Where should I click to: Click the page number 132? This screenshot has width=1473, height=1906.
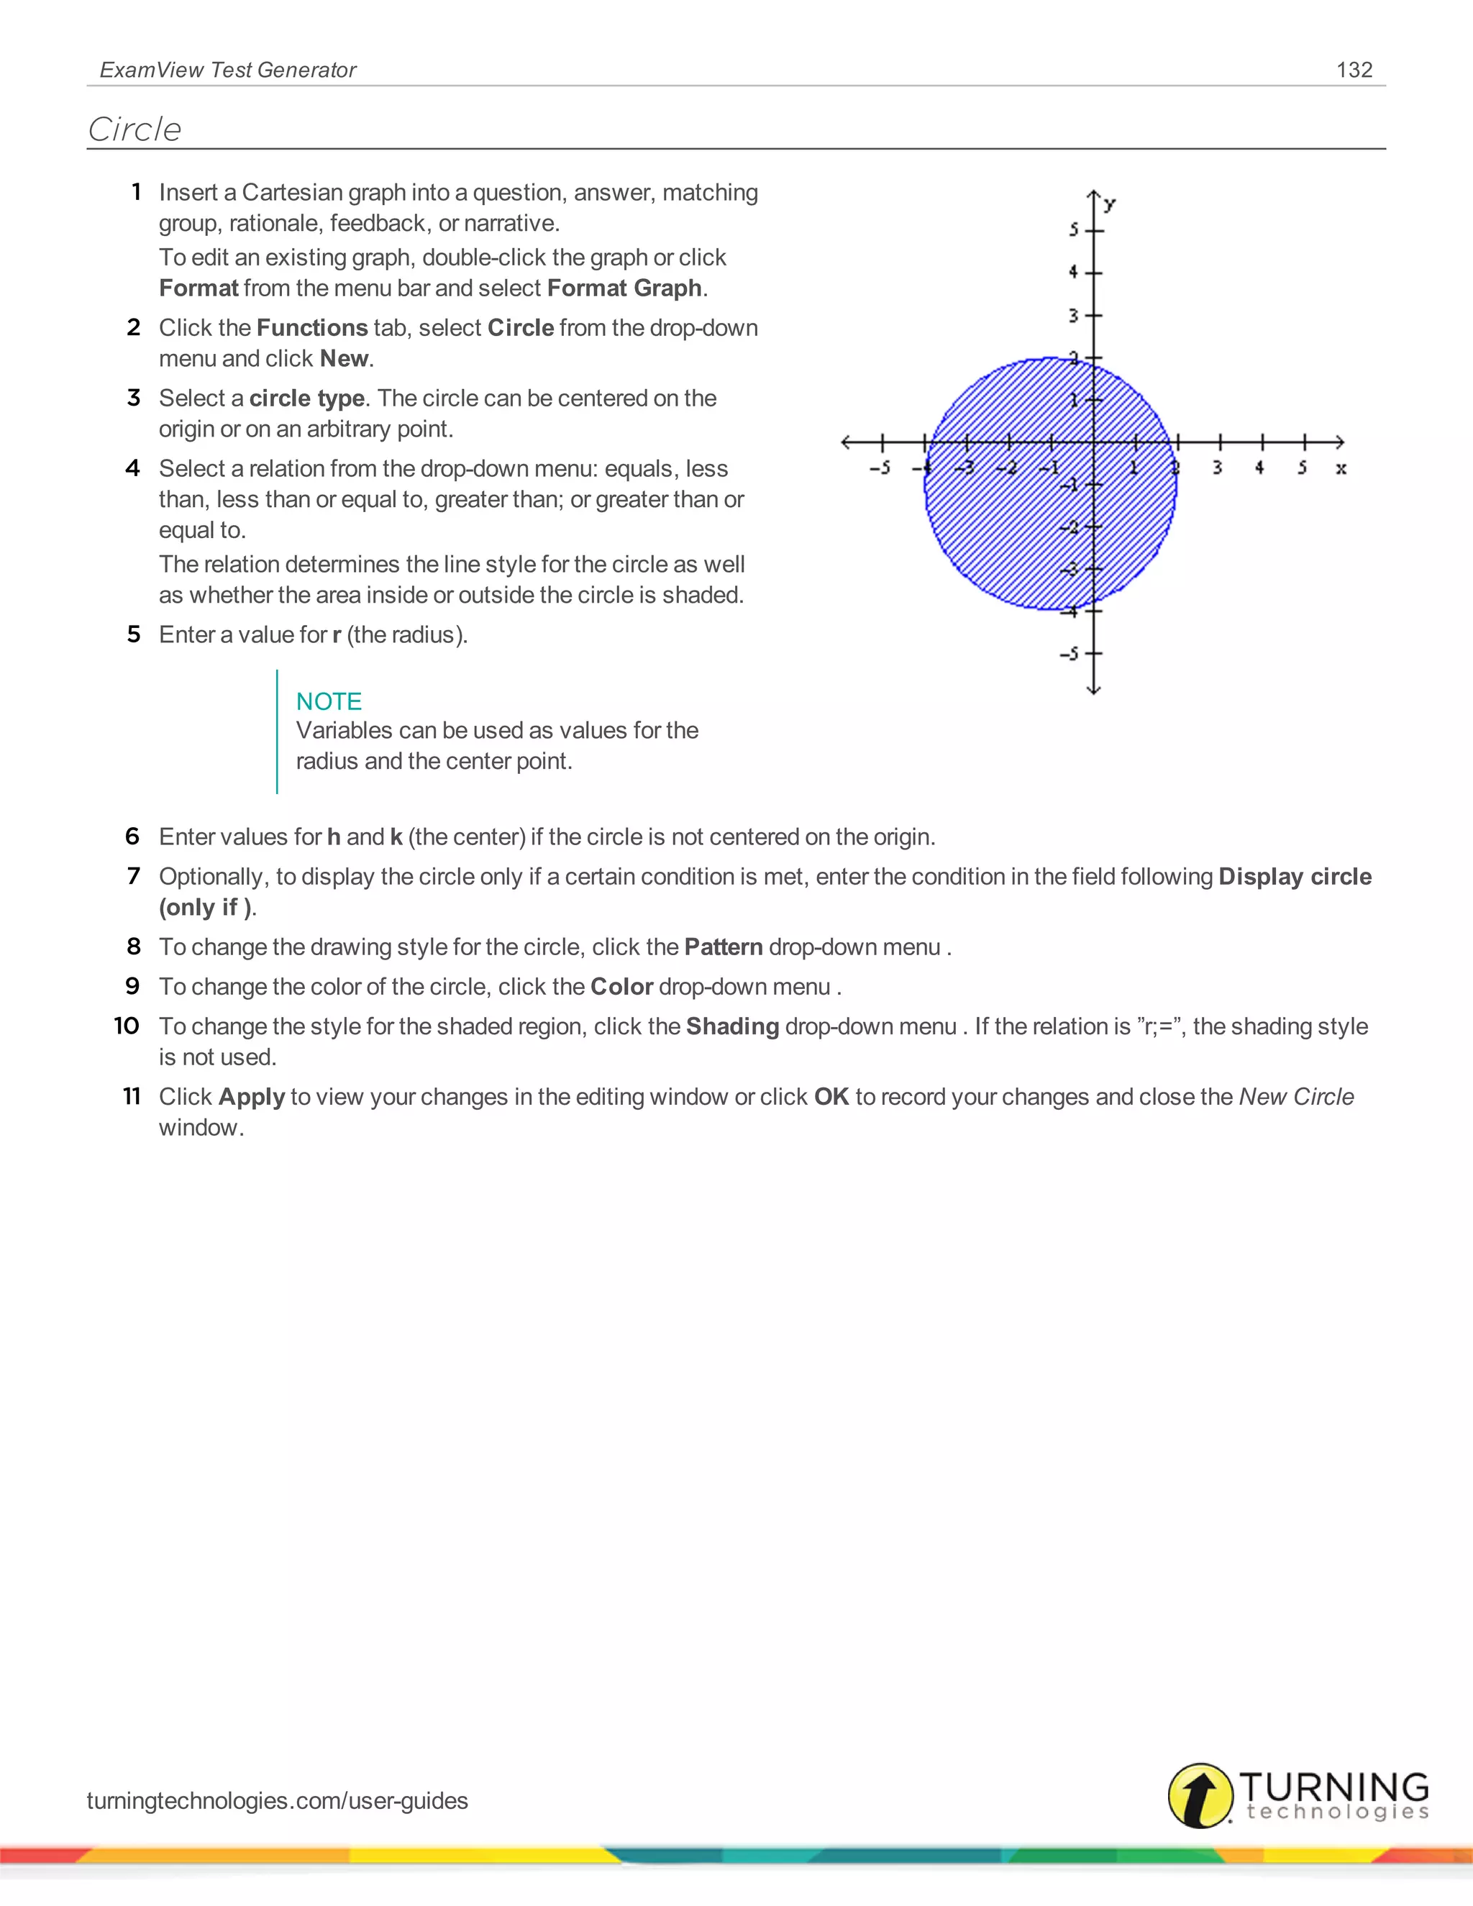[x=1354, y=70]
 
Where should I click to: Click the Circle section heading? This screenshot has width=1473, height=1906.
[x=134, y=129]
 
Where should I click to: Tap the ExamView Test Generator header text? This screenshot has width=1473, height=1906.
[x=228, y=70]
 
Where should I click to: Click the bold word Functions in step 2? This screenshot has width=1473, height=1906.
[x=311, y=327]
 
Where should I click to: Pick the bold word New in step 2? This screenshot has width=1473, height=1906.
[x=344, y=359]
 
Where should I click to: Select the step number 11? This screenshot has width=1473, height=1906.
[x=131, y=1096]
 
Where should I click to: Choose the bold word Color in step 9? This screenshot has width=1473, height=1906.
[x=621, y=986]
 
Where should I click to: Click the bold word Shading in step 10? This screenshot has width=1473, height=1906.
[x=732, y=1026]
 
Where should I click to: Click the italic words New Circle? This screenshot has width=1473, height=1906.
[x=1296, y=1096]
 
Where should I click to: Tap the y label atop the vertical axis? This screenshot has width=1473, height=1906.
[x=1109, y=205]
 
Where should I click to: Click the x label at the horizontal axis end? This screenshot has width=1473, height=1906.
[x=1341, y=469]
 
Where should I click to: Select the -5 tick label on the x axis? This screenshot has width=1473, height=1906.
[x=880, y=469]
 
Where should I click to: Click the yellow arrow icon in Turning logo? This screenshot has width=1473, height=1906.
[x=1200, y=1795]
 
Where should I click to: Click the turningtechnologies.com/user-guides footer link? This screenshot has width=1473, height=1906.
[x=278, y=1800]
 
